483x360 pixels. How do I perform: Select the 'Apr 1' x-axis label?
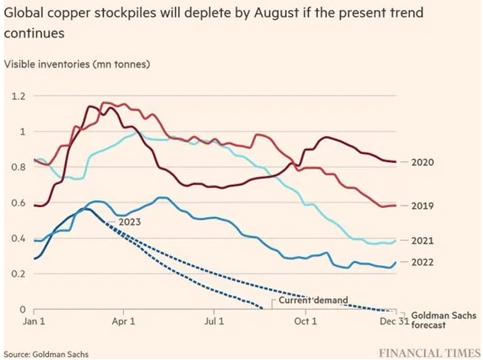click(123, 323)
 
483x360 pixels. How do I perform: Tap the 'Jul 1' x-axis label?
click(215, 323)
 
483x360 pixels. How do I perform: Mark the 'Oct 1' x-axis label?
click(306, 323)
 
